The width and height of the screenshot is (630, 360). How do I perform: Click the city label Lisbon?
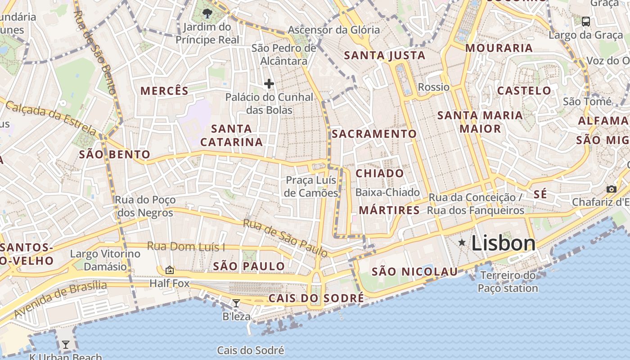tap(503, 243)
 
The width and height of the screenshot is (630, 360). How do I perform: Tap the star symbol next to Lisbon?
tap(462, 243)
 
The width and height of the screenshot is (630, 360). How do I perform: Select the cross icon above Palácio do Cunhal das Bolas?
tap(269, 84)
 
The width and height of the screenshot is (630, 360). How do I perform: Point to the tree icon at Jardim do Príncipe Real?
tap(207, 13)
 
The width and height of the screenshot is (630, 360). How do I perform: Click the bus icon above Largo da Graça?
tap(586, 21)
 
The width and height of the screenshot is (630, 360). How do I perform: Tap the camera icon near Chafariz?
tap(611, 189)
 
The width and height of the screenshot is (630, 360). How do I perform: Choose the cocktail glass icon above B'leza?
tap(236, 303)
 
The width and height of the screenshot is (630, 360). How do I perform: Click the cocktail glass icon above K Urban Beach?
tap(66, 345)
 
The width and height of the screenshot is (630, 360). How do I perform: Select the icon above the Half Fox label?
tap(170, 270)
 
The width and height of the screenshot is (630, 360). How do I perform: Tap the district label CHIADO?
tap(380, 174)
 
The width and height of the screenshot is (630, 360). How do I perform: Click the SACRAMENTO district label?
tap(374, 134)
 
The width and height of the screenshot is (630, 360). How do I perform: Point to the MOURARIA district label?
tap(499, 48)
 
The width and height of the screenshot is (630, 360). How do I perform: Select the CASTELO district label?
tap(524, 91)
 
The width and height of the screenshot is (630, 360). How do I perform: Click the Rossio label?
tap(434, 87)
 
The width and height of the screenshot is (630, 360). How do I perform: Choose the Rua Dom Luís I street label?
tap(186, 247)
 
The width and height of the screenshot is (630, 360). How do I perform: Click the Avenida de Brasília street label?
tap(61, 299)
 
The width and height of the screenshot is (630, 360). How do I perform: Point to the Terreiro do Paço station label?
tap(508, 282)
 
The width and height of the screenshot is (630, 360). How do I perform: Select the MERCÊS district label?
tap(164, 91)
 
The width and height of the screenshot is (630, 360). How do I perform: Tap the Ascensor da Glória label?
tap(334, 30)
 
